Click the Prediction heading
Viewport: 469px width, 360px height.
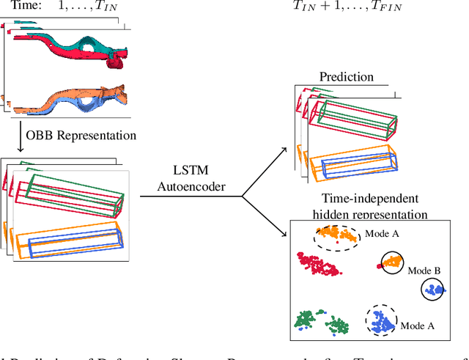tap(347, 76)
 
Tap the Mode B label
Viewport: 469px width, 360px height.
tap(424, 271)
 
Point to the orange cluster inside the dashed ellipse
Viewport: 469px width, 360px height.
tap(336, 235)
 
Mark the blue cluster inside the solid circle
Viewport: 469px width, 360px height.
tap(433, 290)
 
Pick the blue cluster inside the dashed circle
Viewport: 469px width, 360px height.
tap(381, 321)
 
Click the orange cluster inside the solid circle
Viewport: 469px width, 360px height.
tap(392, 261)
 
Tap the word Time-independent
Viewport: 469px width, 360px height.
tap(355, 199)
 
